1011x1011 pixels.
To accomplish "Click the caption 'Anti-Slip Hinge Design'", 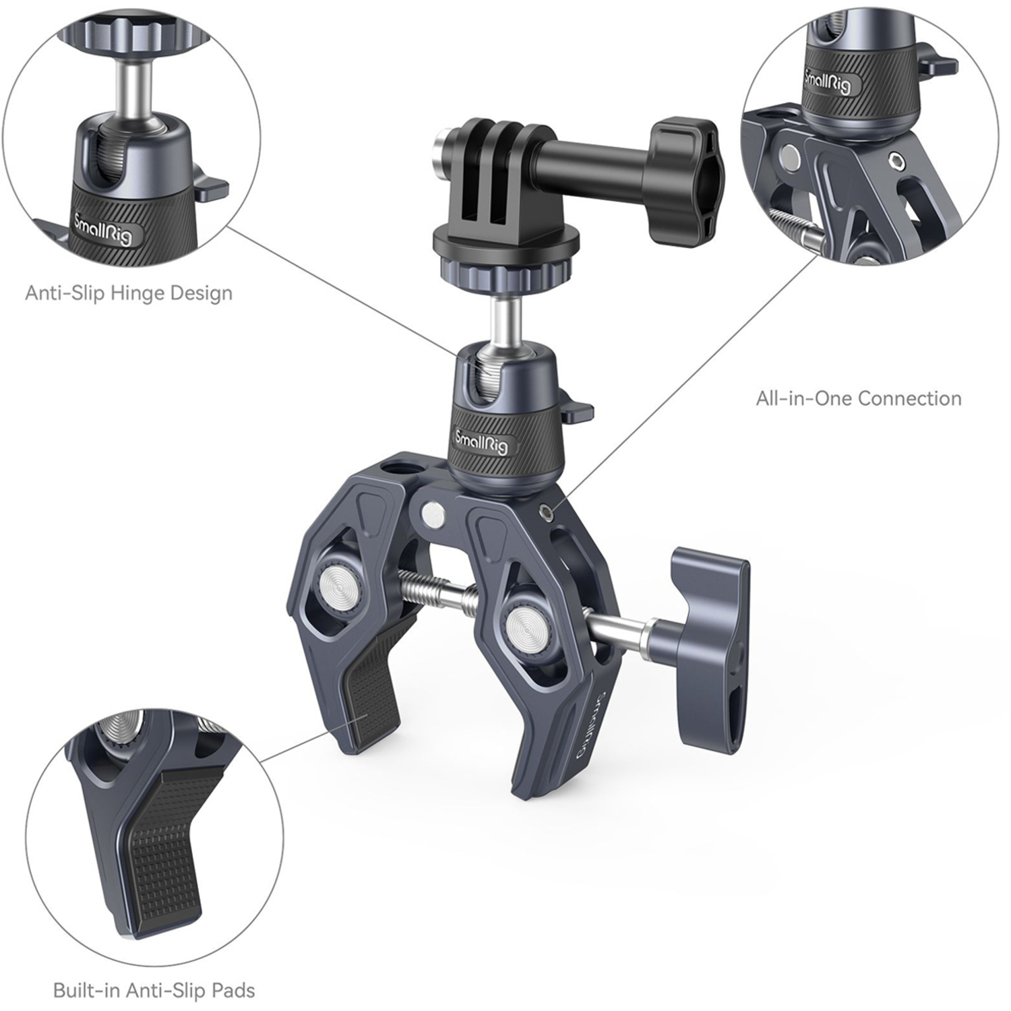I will tap(129, 293).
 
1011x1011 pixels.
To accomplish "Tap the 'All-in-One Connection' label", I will tap(858, 398).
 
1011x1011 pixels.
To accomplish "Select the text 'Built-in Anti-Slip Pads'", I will tap(154, 990).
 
